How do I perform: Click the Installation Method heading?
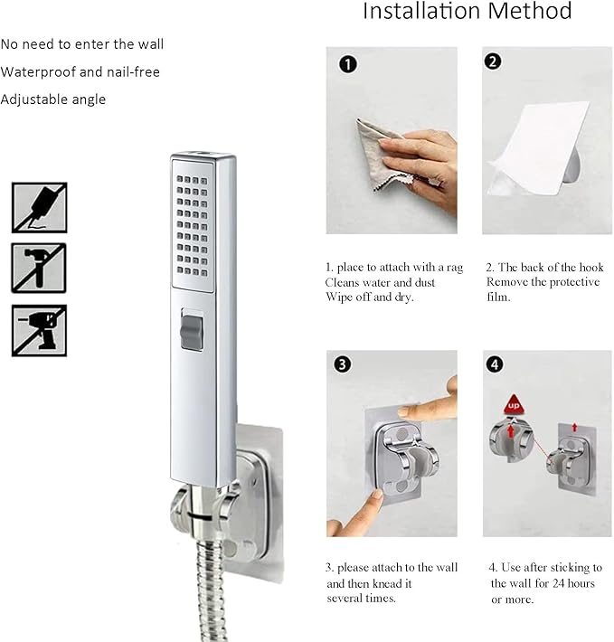click(467, 12)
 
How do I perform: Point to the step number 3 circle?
click(341, 364)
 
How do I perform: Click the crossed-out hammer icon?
click(39, 268)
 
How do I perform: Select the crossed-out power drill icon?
click(39, 330)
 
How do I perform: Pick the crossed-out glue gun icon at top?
click(39, 207)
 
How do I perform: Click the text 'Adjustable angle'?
click(53, 99)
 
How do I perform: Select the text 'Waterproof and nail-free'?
click(80, 71)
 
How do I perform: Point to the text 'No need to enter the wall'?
click(82, 43)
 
